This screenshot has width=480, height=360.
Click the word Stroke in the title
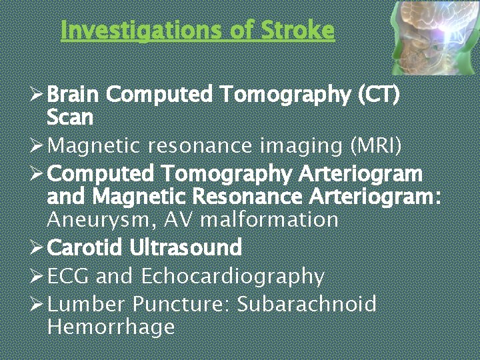tap(297, 30)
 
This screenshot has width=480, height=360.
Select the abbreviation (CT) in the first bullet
tap(379, 95)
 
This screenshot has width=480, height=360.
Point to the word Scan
tap(70, 117)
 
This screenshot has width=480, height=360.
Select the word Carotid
tap(85, 248)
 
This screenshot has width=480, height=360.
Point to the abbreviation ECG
tap(67, 276)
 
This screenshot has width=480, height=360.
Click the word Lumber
tap(87, 305)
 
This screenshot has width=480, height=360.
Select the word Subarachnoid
tap(307, 305)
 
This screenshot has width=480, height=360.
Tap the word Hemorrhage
tap(111, 327)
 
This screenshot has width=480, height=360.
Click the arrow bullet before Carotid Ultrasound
tap(37, 248)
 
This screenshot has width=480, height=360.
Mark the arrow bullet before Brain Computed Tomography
tap(37, 95)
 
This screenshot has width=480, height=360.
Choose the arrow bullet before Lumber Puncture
tap(37, 305)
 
